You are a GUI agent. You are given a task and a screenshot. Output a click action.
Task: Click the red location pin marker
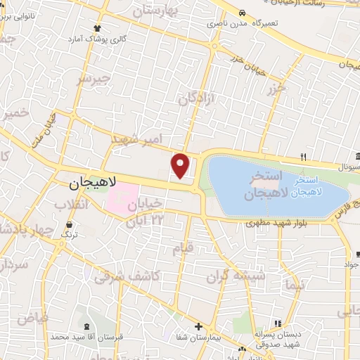coord(181,166)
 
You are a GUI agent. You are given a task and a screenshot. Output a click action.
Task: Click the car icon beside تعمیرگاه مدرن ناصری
coord(242,13)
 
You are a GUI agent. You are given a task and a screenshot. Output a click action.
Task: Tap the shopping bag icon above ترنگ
coord(67,226)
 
